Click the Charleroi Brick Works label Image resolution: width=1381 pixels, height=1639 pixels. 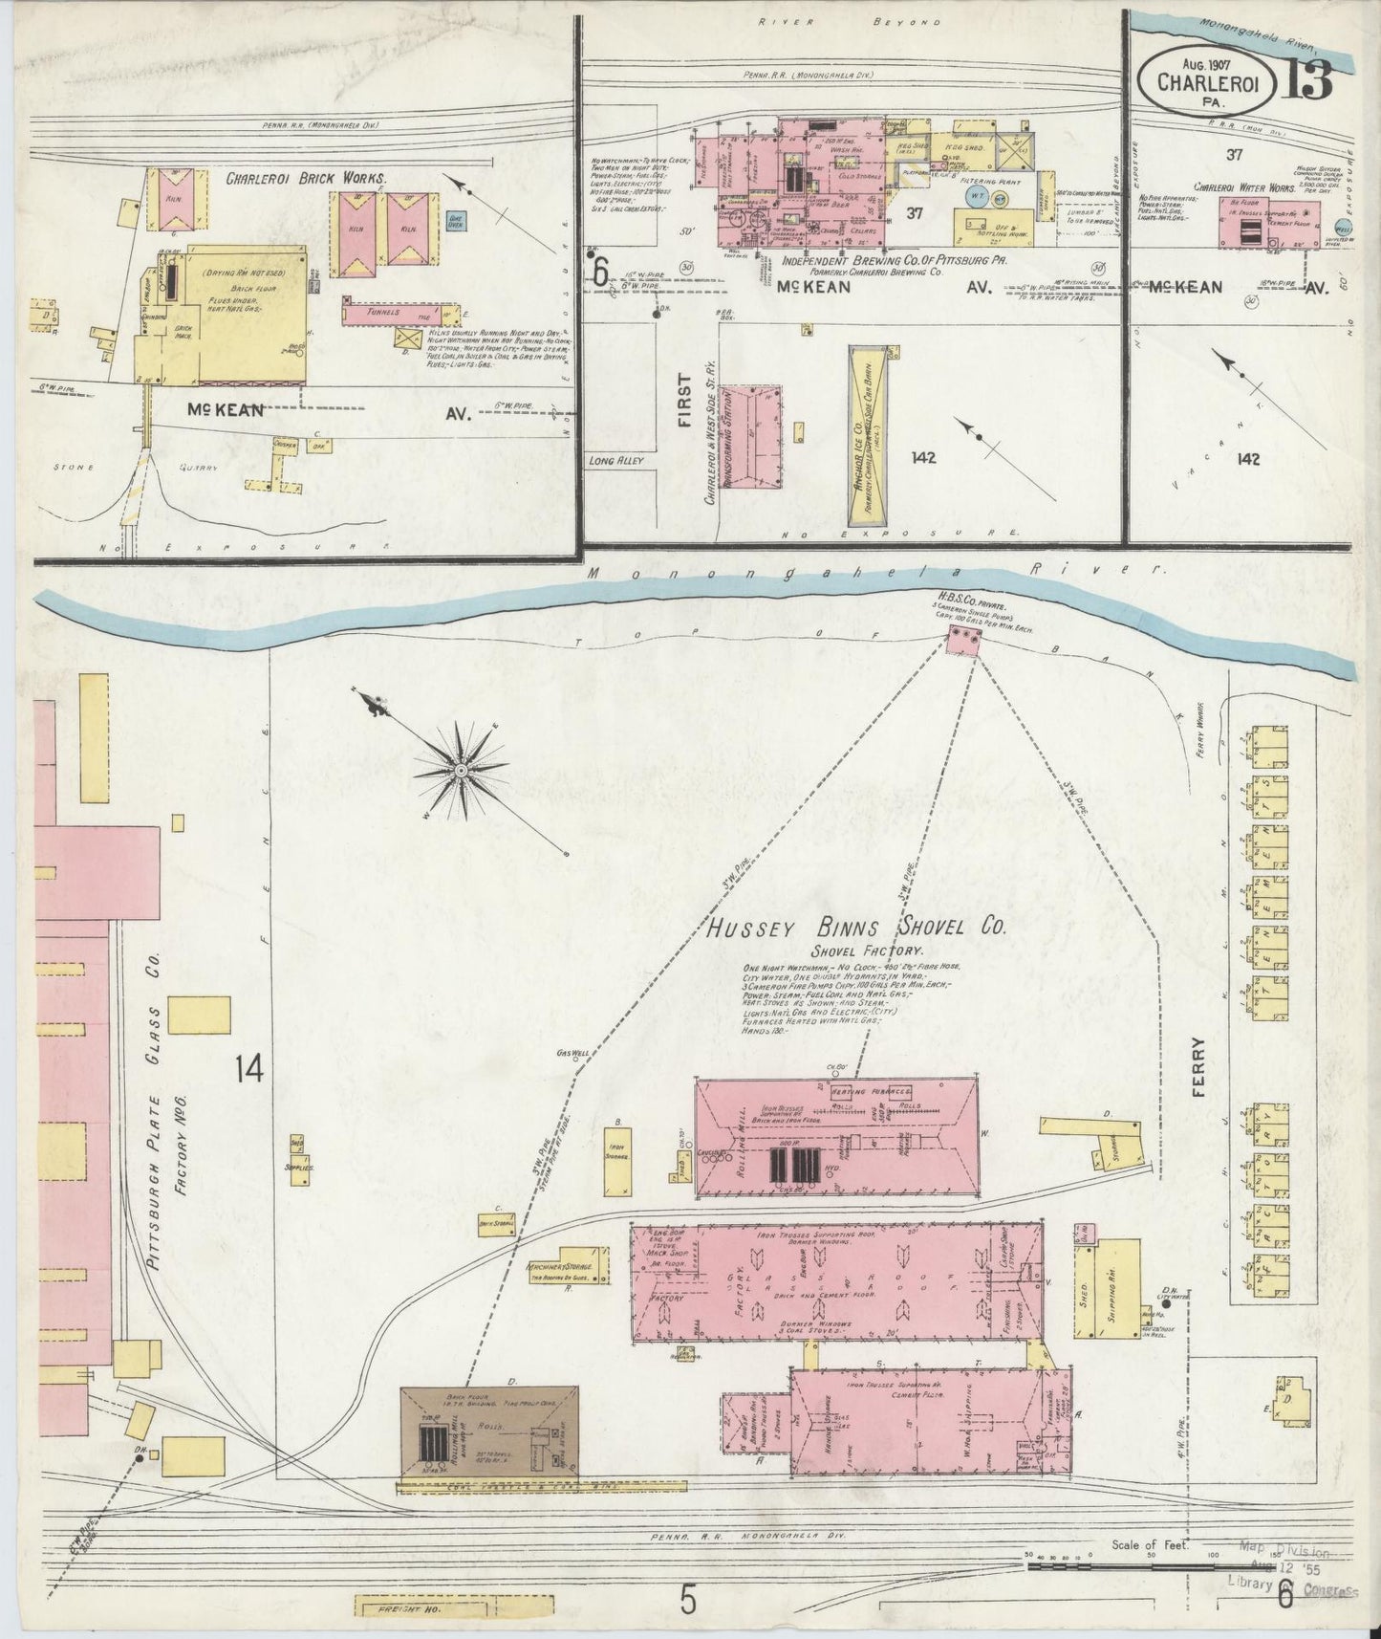click(x=306, y=178)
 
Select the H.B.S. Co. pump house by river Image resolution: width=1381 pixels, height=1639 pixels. click(x=963, y=642)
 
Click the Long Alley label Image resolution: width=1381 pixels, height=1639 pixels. click(x=615, y=460)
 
